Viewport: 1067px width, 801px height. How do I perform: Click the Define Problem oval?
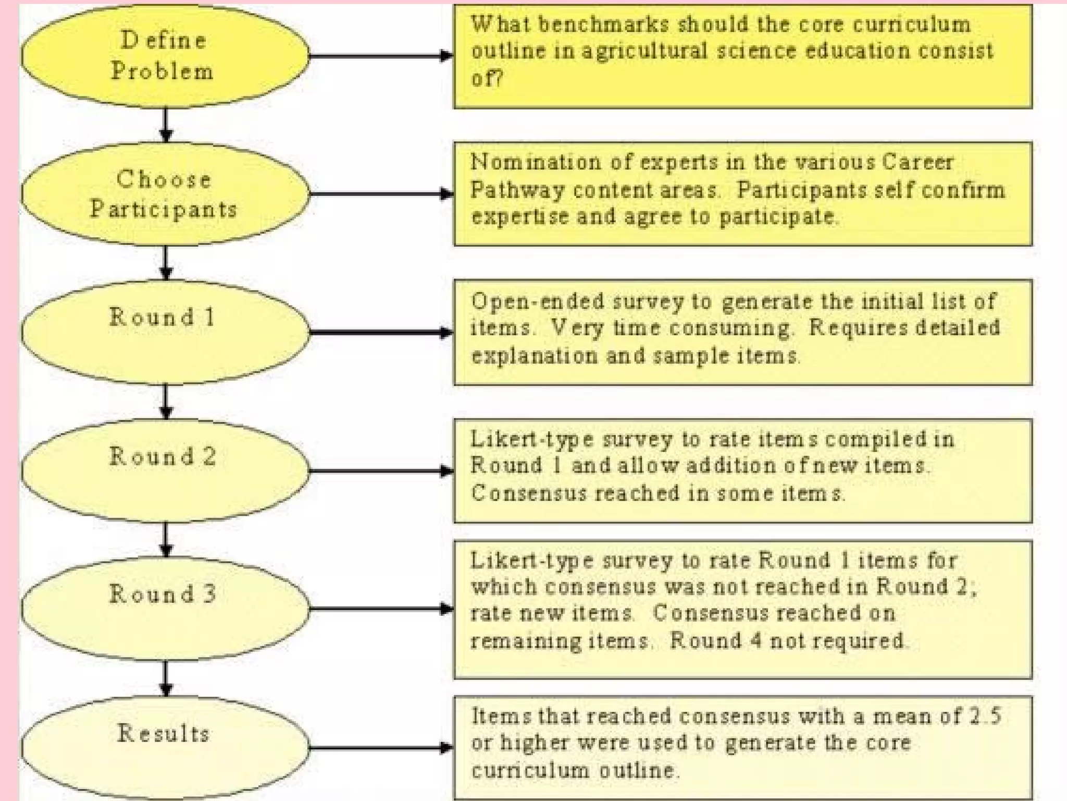[x=165, y=56]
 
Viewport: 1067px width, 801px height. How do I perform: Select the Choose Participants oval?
[x=165, y=194]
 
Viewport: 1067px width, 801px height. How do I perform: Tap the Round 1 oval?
[x=165, y=332]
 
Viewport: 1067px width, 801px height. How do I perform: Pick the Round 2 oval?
[x=165, y=470]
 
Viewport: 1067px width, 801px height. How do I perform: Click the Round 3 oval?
[x=165, y=608]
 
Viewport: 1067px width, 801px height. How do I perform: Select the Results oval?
[x=165, y=747]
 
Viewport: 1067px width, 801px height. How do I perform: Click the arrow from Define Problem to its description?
[x=380, y=56]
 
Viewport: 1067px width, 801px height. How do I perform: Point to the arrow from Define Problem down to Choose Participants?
[x=166, y=125]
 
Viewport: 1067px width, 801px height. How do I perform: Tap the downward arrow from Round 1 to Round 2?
[x=166, y=402]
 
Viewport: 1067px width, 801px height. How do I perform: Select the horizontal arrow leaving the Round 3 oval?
[x=380, y=609]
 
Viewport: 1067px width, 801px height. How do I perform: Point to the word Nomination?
[x=536, y=162]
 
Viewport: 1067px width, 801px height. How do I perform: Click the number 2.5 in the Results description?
[x=985, y=716]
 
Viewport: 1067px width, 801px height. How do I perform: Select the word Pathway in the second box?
[x=517, y=190]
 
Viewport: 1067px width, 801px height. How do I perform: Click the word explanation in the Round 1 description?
[x=535, y=356]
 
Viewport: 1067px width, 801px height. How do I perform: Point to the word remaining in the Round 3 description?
[x=525, y=640]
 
